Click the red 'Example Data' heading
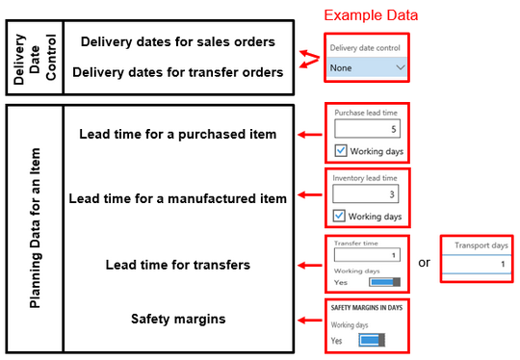pyautogui.click(x=371, y=15)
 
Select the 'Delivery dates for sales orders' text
pyautogui.click(x=178, y=42)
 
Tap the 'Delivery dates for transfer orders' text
pyautogui.click(x=178, y=72)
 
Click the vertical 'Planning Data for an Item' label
pyautogui.click(x=36, y=228)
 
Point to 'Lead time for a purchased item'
pyautogui.click(x=177, y=133)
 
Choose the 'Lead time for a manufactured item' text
pyautogui.click(x=178, y=198)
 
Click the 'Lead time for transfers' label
pyautogui.click(x=177, y=265)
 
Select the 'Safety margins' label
pyautogui.click(x=177, y=318)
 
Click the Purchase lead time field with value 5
pyautogui.click(x=367, y=129)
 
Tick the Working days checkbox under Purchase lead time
pyautogui.click(x=341, y=150)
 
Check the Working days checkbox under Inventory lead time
pyautogui.click(x=341, y=217)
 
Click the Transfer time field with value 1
pyautogui.click(x=367, y=255)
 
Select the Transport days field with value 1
pyautogui.click(x=478, y=262)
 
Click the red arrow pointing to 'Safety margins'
pyautogui.click(x=309, y=319)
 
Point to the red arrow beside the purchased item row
pyautogui.click(x=309, y=134)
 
